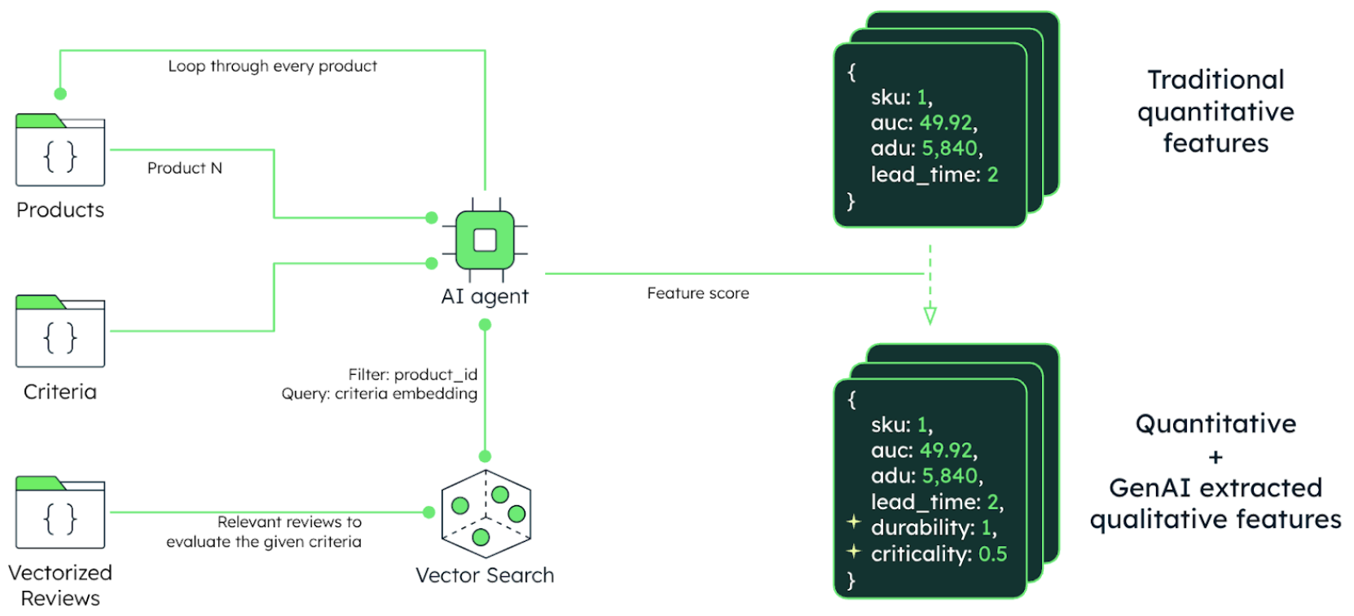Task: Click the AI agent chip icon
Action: tap(485, 240)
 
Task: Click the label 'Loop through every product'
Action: tap(272, 66)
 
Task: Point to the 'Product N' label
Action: tap(184, 168)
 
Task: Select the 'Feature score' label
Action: tap(698, 293)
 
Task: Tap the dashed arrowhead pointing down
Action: tap(930, 315)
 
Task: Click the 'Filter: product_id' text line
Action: tap(412, 375)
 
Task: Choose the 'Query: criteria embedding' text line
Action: tap(379, 394)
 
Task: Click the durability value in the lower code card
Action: tap(986, 528)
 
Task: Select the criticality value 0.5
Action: tap(992, 554)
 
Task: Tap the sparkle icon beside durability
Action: tap(853, 521)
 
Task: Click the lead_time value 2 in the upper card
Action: tap(992, 174)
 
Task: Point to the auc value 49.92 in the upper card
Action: tap(946, 123)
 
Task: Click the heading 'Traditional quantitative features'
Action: tap(1216, 112)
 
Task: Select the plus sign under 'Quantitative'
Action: tap(1216, 456)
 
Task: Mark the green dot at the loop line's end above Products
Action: tap(60, 94)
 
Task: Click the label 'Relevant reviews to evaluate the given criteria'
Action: tap(265, 531)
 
